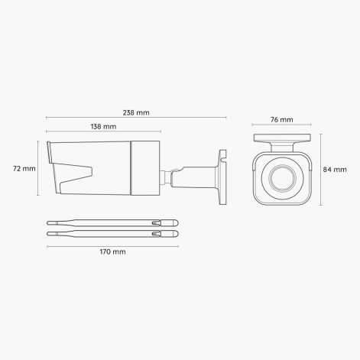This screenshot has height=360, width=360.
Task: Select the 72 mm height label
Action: pyautogui.click(x=24, y=168)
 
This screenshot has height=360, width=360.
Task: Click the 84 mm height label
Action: pyautogui.click(x=335, y=169)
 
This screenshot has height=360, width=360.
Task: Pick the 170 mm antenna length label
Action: pyautogui.click(x=113, y=251)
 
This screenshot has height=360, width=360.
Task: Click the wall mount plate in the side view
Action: pyautogui.click(x=222, y=178)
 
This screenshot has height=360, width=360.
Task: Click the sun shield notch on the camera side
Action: pyautogui.click(x=76, y=175)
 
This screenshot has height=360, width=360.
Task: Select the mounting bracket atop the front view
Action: pyautogui.click(x=282, y=141)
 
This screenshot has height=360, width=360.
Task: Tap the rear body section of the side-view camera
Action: pyautogui.click(x=145, y=167)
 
